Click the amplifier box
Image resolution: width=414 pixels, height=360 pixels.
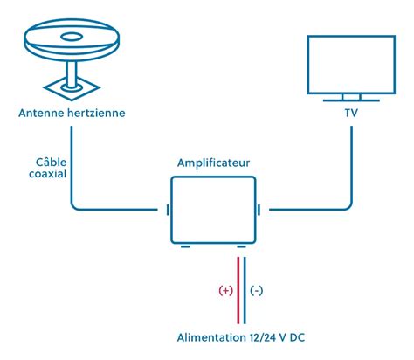point(213,210)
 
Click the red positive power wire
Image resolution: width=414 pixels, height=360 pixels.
point(236,288)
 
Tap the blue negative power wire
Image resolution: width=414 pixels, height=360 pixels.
point(245,288)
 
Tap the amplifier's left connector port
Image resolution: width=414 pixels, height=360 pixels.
point(166,210)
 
